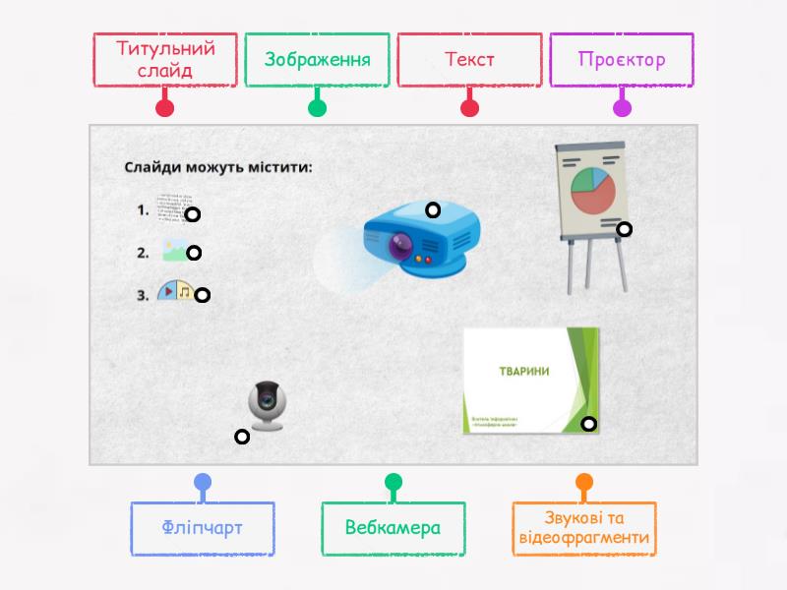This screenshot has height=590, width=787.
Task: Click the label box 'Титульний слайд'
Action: coord(165,60)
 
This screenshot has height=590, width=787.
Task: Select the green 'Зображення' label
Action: coord(317,60)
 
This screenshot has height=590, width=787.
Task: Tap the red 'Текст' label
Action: coord(469,60)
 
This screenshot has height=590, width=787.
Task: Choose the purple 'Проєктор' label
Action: coord(622,60)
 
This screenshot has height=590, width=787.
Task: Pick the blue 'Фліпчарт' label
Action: coord(202,528)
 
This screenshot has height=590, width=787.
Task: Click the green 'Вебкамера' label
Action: coord(393,528)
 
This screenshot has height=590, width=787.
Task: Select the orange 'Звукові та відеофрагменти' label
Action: coord(583,528)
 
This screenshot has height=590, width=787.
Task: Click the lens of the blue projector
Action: coord(399,247)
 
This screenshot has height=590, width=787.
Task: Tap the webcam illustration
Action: coord(267,404)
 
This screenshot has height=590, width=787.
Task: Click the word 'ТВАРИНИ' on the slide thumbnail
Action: coord(523,371)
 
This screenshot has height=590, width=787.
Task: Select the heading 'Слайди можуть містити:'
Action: coord(217,166)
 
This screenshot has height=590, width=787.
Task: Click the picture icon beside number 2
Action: coord(174,252)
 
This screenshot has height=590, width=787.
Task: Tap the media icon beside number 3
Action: coord(175,292)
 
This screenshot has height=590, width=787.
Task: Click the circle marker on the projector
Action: coord(433,209)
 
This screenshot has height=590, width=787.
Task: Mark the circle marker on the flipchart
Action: coord(624,229)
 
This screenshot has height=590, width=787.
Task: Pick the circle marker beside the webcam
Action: coord(241,437)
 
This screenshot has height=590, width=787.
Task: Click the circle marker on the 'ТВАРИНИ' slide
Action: coord(588,425)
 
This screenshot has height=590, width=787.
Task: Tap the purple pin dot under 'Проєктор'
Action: coord(622,108)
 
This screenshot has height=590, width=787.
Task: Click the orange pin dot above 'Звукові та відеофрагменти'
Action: coord(583,482)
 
